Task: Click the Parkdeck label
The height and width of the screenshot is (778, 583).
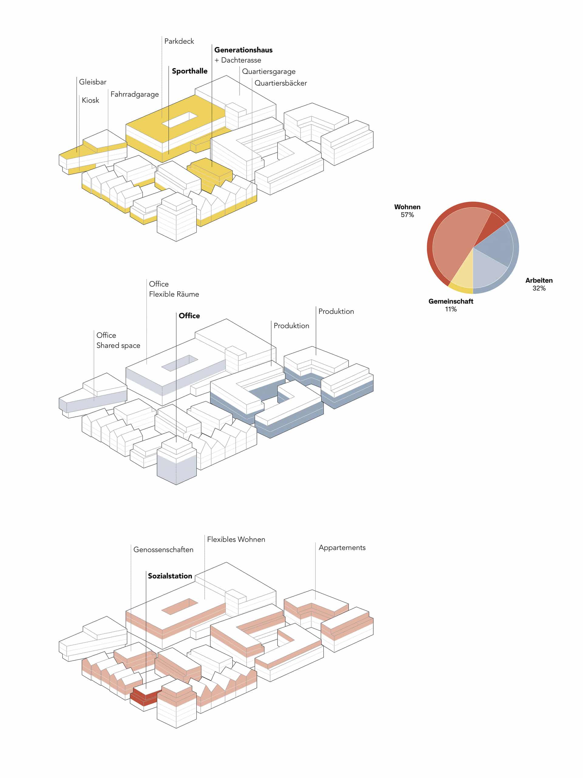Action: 179,41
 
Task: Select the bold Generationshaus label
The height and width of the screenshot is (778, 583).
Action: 243,50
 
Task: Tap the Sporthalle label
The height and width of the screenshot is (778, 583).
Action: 189,71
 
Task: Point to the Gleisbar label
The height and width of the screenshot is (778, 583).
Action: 92,82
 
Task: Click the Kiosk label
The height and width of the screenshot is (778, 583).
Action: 90,100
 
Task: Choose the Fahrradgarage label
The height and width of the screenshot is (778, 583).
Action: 135,94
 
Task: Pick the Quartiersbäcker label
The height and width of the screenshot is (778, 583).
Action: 281,83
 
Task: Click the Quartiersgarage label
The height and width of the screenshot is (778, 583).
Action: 268,72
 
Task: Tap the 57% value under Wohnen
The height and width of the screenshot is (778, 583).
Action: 407,215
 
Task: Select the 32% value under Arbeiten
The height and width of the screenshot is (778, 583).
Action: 539,288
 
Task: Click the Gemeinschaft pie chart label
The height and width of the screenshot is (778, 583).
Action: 451,301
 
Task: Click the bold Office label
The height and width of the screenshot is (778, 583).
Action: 189,316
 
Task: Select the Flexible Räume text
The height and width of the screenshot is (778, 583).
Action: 174,294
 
